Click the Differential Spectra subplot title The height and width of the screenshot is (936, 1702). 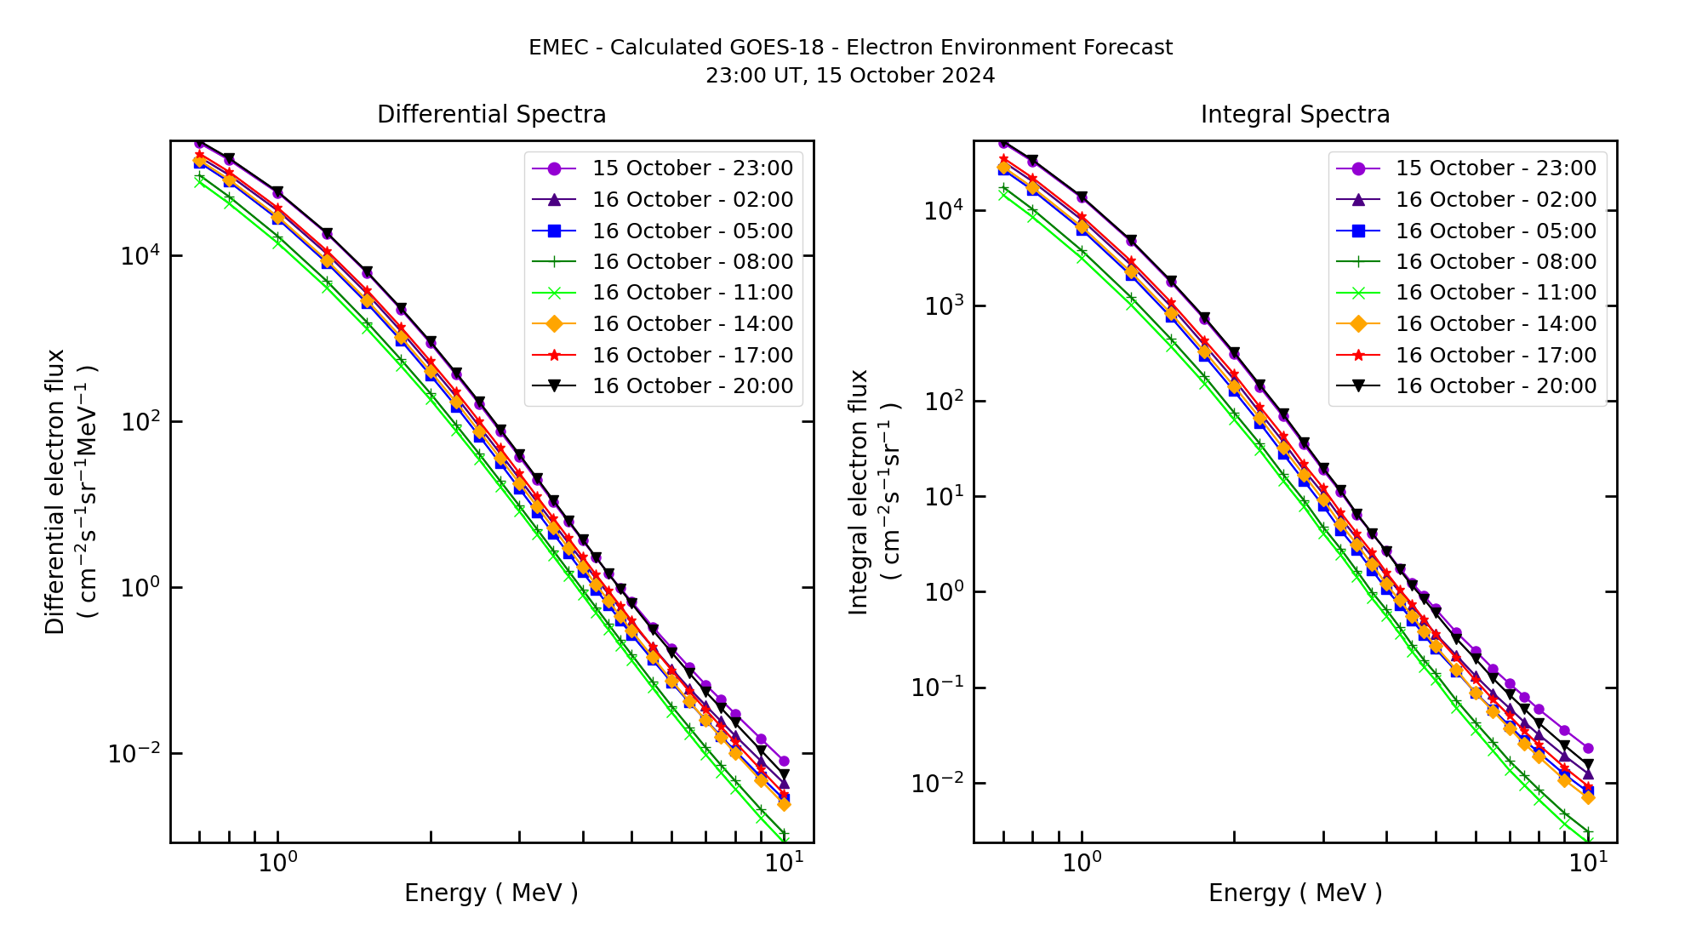coord(491,114)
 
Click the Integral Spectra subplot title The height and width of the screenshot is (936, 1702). coord(1294,114)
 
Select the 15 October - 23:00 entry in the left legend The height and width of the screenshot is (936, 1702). coord(692,168)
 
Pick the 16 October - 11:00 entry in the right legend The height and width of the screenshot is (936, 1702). coord(1495,293)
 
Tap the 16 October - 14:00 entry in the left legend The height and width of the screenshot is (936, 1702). coord(692,324)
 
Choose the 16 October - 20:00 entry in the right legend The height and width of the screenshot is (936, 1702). coord(1495,386)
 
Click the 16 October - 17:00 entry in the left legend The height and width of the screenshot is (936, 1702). coord(692,356)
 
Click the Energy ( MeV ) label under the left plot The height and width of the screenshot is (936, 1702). coord(491,893)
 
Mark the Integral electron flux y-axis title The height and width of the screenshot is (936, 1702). coord(860,492)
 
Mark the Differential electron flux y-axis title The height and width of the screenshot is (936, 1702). coord(56,492)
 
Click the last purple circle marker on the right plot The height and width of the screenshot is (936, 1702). coord(1587,749)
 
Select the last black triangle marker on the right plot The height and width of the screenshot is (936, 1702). coord(1587,765)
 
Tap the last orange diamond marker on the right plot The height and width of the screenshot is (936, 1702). coord(1587,797)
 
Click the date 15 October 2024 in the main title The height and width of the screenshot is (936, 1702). coord(905,76)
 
